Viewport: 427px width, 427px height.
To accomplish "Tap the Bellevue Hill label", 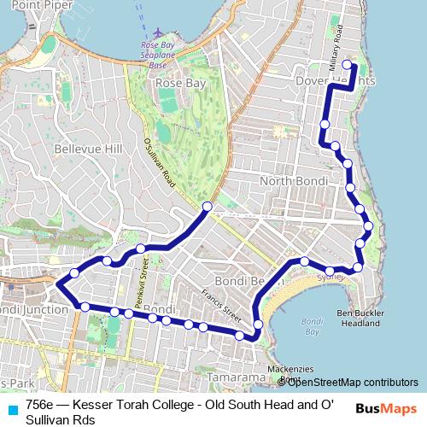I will [88, 149].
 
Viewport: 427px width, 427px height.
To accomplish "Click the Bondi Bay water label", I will [312, 325].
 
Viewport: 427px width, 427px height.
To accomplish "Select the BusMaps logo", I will [386, 409].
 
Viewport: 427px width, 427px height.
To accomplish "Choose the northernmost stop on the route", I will [347, 65].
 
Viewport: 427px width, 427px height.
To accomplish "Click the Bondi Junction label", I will [34, 309].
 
